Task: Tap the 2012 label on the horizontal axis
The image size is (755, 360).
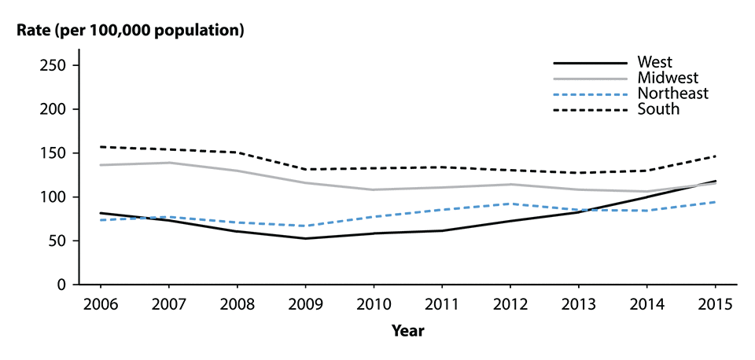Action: click(x=510, y=303)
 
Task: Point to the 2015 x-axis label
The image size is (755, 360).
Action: click(x=715, y=303)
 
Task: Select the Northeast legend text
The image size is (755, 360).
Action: click(x=673, y=94)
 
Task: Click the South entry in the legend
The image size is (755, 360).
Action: click(x=658, y=109)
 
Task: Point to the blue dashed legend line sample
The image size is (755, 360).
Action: click(x=590, y=94)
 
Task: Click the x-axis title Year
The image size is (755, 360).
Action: click(x=407, y=331)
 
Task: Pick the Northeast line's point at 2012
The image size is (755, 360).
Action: click(x=510, y=204)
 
